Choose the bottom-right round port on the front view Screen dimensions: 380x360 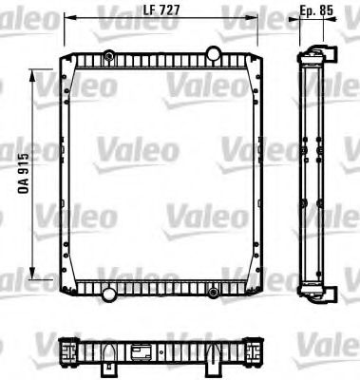[x=215, y=288]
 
